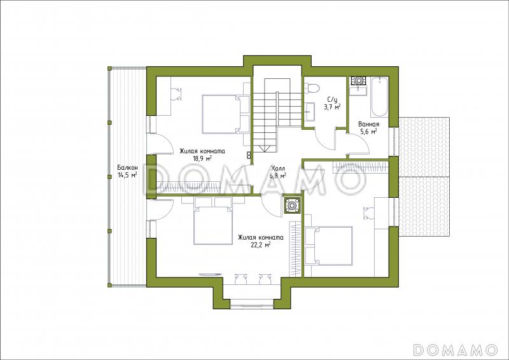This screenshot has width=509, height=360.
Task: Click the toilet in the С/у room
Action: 312,88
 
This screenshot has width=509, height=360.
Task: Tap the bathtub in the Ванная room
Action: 379,97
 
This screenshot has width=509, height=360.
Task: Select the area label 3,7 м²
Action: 331,106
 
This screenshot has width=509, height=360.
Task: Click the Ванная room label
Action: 369,124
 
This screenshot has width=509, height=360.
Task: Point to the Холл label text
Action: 278,169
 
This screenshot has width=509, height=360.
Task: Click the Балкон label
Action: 128,168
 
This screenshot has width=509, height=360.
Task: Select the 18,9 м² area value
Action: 203,158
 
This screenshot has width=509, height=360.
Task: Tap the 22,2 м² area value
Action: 261,245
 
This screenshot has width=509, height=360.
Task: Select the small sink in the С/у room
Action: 309,111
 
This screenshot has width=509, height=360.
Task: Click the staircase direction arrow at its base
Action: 265,148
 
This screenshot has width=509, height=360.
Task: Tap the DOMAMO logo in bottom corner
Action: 455,349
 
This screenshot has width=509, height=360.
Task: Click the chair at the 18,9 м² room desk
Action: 177,94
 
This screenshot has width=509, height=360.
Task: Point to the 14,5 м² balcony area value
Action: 128,175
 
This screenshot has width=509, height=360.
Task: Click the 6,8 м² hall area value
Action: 278,176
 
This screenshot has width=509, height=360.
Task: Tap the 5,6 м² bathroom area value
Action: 369,131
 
